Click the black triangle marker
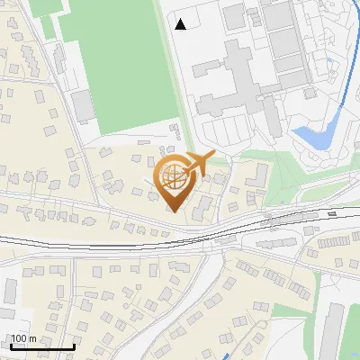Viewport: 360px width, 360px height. click(181, 24)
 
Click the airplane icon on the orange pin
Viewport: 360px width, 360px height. click(199, 164)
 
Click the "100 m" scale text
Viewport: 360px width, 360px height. click(24, 338)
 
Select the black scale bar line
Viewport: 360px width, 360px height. click(41, 347)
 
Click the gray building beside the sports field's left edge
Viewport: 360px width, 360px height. click(83, 107)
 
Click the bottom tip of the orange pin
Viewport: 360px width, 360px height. click(176, 211)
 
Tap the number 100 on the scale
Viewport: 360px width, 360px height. click(19, 338)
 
